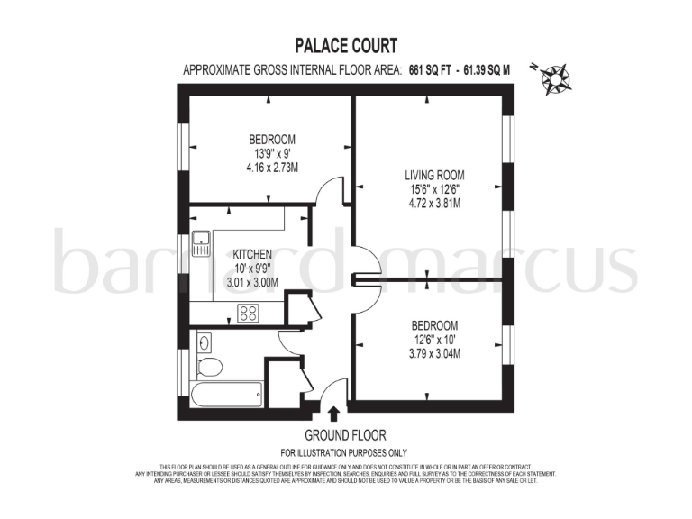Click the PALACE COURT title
347,45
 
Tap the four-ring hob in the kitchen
248,313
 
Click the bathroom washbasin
204,342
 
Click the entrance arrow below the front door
334,414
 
